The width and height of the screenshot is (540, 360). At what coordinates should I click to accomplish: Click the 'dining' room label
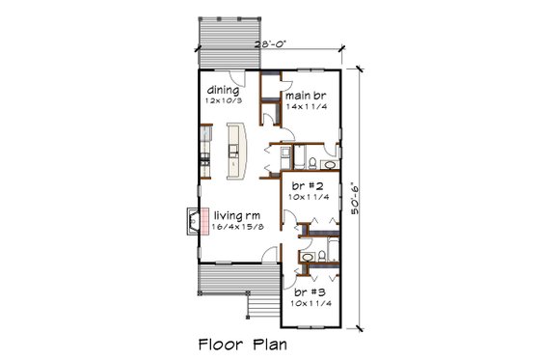click(x=222, y=89)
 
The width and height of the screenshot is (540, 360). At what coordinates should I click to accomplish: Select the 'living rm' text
click(x=234, y=216)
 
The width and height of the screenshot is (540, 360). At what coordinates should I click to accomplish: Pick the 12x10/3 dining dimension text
click(x=222, y=99)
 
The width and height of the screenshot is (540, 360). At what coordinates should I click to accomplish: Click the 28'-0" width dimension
click(x=271, y=44)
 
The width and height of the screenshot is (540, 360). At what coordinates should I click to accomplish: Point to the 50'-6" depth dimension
click(x=358, y=198)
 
